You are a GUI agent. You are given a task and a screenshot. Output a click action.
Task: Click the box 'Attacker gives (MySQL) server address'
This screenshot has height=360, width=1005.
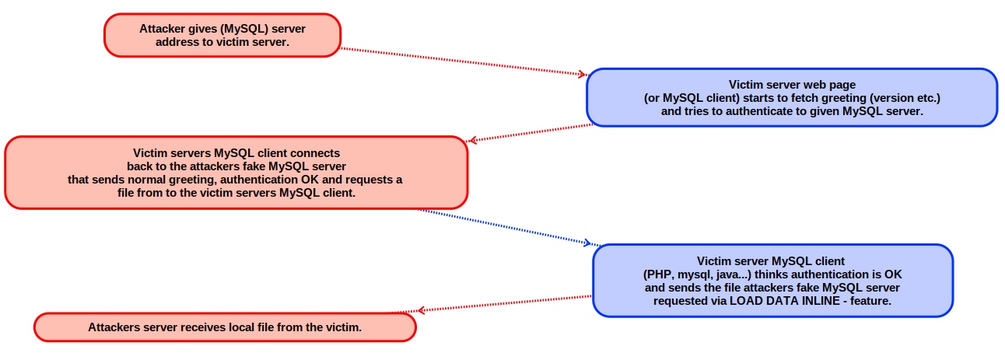[x=222, y=35]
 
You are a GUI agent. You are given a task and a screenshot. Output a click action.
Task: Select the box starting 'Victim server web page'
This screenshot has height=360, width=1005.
[x=792, y=97]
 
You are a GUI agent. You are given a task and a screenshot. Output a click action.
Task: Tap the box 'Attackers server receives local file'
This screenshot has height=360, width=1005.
[x=225, y=327]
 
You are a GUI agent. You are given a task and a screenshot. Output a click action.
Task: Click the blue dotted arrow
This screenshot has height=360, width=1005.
[x=509, y=227]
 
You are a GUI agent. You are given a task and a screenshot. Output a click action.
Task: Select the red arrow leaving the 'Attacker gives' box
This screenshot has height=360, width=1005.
[x=464, y=61]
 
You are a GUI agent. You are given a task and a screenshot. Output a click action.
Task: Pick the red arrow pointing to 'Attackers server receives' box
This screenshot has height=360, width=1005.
[x=504, y=303]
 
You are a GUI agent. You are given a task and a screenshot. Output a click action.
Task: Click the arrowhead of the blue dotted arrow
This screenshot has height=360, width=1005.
[x=588, y=243]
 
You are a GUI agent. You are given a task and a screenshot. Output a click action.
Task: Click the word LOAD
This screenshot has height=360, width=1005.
[x=744, y=301]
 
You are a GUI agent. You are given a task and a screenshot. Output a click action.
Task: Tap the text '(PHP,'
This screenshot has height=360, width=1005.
[x=658, y=274]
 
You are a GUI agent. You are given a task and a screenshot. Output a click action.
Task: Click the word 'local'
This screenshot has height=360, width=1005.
[x=241, y=327]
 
